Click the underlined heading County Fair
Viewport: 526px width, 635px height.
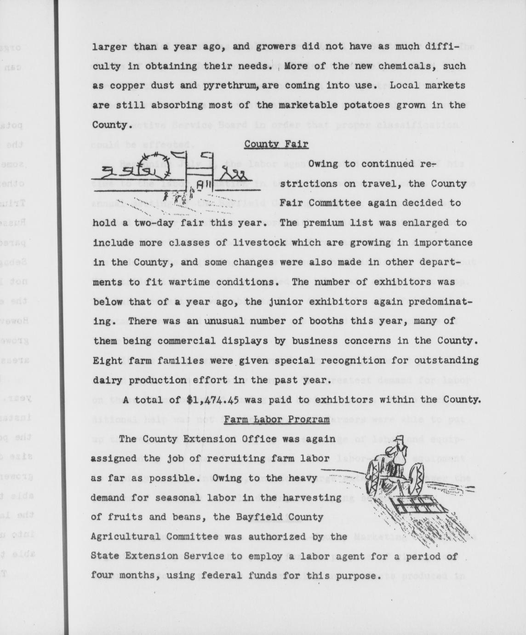click(276, 144)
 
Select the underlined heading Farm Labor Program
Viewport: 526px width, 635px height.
click(277, 419)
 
